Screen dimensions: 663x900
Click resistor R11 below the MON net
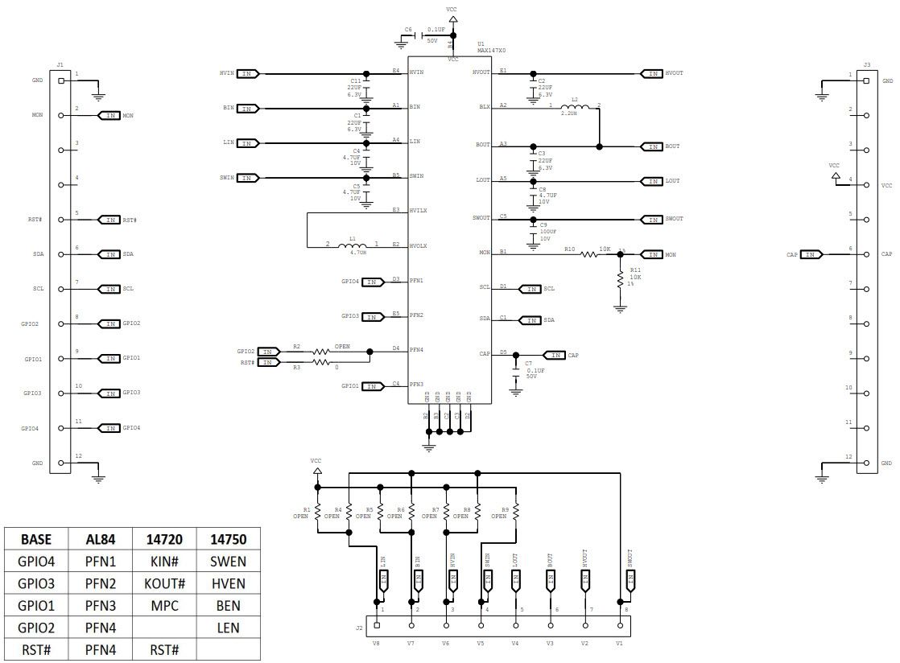tap(620, 279)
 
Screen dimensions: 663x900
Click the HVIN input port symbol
tap(248, 73)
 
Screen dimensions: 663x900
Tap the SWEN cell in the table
tap(228, 562)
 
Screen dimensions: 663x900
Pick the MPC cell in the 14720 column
tap(164, 605)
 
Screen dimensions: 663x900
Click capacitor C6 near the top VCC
tap(421, 35)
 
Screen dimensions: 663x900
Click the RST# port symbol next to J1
tap(109, 220)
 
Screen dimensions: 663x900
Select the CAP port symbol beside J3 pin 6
tap(811, 254)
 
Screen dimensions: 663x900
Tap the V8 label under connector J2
tap(376, 643)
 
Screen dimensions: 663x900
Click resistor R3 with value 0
tap(321, 363)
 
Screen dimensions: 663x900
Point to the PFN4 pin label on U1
tap(416, 349)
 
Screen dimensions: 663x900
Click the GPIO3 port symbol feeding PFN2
tap(373, 316)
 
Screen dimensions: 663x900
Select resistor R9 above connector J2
tap(516, 512)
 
